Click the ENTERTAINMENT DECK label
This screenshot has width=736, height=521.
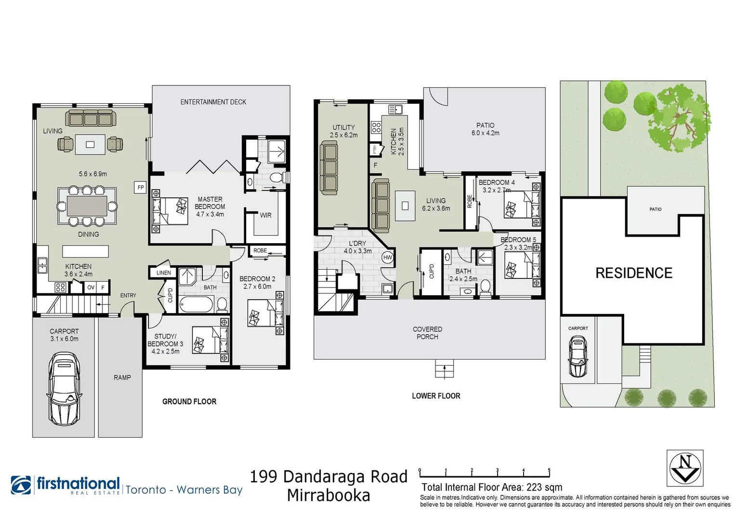click(x=213, y=102)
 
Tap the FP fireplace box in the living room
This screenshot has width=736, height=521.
click(x=140, y=188)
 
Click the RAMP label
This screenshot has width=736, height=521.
click(x=122, y=378)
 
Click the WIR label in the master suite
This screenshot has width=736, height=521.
click(x=265, y=216)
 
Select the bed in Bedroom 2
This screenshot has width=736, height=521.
click(x=265, y=313)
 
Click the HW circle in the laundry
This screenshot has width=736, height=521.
click(x=387, y=258)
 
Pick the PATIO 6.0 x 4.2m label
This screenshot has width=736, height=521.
click(x=485, y=129)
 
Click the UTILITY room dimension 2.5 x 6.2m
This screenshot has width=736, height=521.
click(x=344, y=136)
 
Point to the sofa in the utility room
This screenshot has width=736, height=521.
click(x=329, y=169)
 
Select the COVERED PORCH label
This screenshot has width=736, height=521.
click(x=427, y=333)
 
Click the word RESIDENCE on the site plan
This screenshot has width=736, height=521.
click(x=633, y=273)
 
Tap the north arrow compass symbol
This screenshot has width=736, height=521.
click(x=684, y=467)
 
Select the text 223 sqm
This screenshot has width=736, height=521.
click(x=544, y=487)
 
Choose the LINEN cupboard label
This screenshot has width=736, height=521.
click(x=164, y=273)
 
